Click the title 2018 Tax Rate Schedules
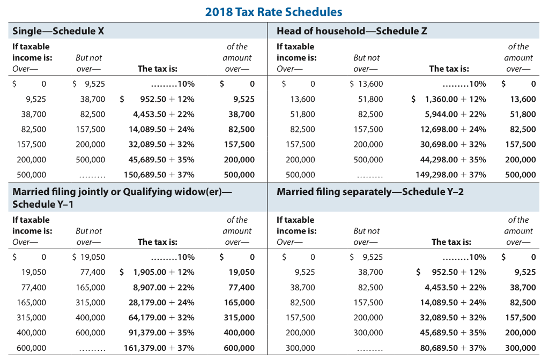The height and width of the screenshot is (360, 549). tap(273, 12)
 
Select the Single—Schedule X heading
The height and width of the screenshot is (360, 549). tap(58, 31)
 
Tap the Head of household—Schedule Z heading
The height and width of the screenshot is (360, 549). tap(352, 31)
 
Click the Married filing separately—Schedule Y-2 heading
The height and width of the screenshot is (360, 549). tap(370, 192)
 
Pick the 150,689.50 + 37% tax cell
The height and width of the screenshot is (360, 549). tap(159, 175)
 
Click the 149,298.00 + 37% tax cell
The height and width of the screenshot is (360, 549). tap(451, 175)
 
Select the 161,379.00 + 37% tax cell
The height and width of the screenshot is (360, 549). tap(159, 348)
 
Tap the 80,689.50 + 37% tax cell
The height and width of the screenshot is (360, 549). tap(453, 348)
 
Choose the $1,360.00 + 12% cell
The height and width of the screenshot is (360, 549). tap(449, 99)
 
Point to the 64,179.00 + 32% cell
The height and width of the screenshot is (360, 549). tap(161, 317)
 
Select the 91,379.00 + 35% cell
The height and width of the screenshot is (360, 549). tap(161, 332)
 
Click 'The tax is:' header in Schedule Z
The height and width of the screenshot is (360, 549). tap(449, 69)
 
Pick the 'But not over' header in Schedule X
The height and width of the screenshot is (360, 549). tap(89, 63)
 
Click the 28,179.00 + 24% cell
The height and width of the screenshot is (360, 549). tap(161, 302)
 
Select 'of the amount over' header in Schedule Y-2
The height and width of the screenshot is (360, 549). tap(518, 231)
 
